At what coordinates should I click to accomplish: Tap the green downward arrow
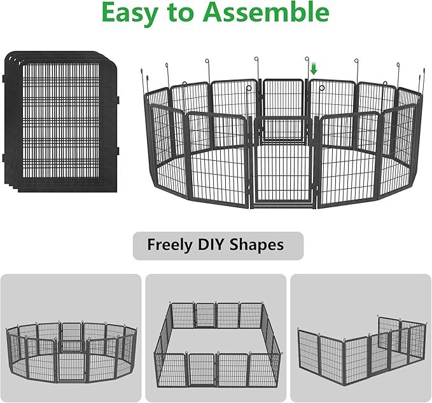(313, 68)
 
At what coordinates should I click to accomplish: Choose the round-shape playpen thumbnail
(71, 338)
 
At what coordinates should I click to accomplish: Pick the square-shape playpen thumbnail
(216, 338)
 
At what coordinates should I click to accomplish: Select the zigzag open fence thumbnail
(361, 338)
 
